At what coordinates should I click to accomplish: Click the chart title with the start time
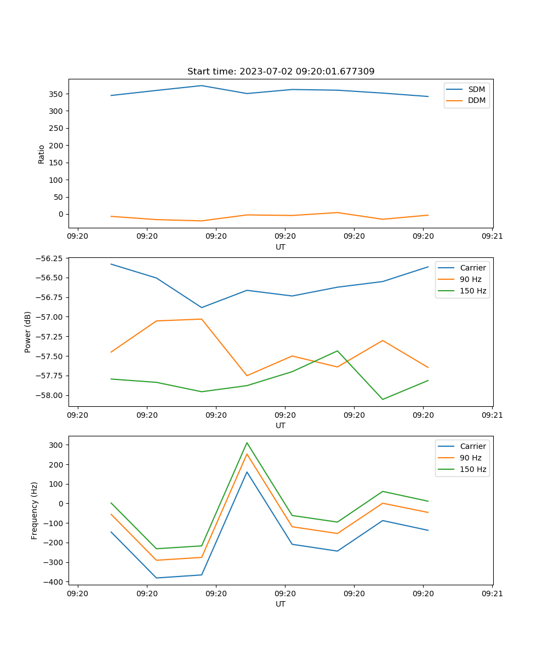click(281, 72)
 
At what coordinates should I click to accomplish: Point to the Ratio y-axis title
click(42, 154)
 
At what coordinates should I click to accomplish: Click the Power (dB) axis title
click(28, 332)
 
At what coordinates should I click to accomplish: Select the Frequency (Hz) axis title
click(35, 510)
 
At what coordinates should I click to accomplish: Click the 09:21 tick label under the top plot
click(492, 237)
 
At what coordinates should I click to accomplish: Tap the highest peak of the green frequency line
click(247, 442)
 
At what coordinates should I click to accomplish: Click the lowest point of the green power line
click(383, 399)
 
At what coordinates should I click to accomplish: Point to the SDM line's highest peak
click(201, 85)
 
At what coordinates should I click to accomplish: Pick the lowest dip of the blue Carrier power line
click(201, 307)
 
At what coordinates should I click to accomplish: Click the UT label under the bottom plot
click(281, 604)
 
